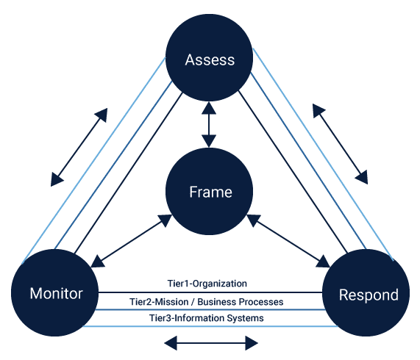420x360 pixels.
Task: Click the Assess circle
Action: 209,57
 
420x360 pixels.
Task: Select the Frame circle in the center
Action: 209,192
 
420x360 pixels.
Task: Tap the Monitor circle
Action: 54,292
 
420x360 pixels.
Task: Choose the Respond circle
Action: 366,292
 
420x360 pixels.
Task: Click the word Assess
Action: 210,60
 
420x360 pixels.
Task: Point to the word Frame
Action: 210,192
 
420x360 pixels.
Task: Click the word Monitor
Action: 56,293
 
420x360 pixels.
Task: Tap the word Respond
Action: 369,295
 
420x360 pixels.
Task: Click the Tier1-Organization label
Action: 207,284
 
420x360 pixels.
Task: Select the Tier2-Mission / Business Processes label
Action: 206,302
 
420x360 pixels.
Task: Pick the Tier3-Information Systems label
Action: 206,318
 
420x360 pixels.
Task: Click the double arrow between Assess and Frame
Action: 209,125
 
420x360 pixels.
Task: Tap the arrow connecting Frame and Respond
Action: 288,240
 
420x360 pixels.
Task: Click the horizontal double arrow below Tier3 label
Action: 211,343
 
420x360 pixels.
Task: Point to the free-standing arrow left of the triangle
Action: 79,147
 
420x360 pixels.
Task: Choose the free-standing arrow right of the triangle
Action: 340,144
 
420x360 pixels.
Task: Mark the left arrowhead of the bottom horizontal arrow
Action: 171,343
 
